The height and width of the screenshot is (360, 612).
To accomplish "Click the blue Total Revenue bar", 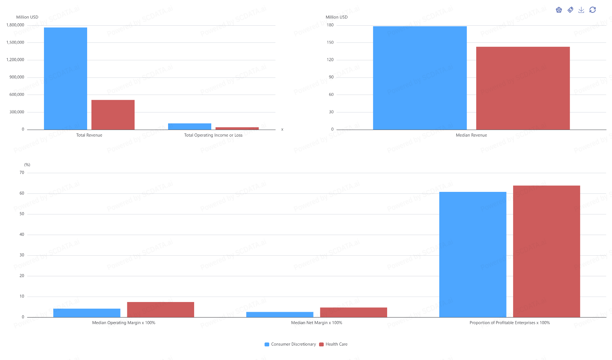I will coord(65,78).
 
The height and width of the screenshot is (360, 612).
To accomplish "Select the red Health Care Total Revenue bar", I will coord(113,115).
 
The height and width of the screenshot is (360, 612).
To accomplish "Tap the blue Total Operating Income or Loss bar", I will coord(189,126).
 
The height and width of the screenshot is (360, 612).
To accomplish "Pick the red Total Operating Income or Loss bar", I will coord(237,128).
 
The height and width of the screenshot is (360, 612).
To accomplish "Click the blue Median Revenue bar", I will coord(420,78).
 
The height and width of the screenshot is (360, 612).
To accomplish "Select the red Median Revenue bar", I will coord(523,88).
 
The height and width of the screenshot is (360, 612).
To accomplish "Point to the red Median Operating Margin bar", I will coord(160,309).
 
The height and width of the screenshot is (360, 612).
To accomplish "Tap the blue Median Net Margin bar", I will coord(280,314).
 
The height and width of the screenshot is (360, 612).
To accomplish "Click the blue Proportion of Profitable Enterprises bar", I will coord(473,255).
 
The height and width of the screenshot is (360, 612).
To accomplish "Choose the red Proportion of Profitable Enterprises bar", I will coord(546,251).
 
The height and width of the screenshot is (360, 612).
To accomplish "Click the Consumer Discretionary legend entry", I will coord(290,344).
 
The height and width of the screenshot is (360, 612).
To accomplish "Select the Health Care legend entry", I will coord(333,344).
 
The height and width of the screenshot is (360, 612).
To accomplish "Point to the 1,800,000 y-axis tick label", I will coord(15,25).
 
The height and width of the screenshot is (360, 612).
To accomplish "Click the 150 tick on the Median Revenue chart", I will coord(330,42).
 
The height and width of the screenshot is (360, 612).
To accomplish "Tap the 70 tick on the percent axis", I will coord(22,173).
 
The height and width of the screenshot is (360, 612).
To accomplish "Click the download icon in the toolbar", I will coord(581,10).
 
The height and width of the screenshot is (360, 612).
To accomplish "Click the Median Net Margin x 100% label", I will coord(317,323).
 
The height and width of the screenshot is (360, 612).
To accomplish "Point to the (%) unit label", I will coord(27,165).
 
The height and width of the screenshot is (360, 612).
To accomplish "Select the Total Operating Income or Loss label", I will coord(213,135).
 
